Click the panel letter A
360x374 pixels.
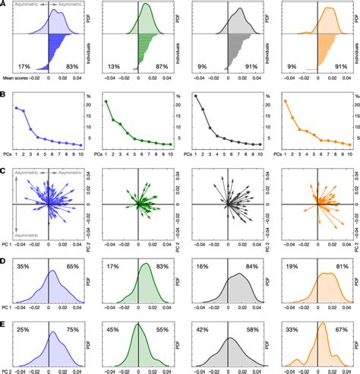(x=5, y=5)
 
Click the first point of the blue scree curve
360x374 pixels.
(x=17, y=108)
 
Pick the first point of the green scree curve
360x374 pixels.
(x=106, y=101)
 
